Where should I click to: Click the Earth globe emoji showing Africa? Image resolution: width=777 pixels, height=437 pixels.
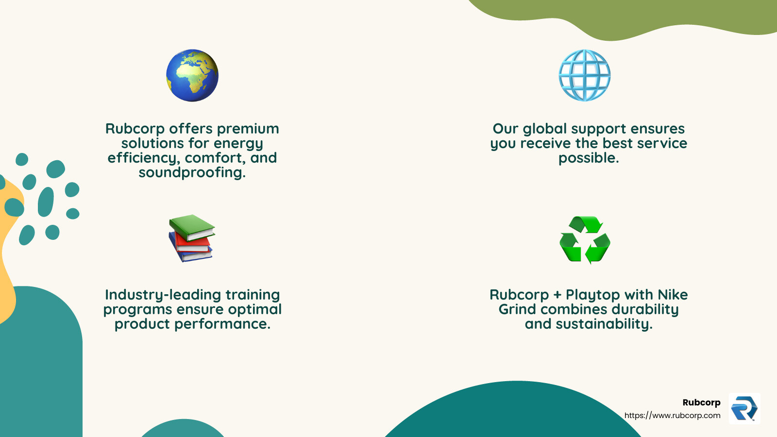click(x=192, y=75)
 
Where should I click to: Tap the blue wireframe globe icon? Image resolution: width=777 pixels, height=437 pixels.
click(x=585, y=75)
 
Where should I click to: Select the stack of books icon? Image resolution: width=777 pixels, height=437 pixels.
click(x=191, y=238)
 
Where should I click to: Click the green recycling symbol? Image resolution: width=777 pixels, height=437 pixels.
click(x=585, y=240)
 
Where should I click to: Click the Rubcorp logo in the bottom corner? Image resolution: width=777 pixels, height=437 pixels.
click(x=744, y=408)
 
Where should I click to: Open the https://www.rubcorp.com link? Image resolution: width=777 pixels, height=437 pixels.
click(x=672, y=416)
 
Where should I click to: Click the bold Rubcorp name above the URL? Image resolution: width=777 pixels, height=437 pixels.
click(x=701, y=403)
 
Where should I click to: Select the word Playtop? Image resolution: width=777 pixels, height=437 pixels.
click(x=592, y=295)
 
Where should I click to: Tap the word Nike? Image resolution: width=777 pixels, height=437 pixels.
click(x=673, y=295)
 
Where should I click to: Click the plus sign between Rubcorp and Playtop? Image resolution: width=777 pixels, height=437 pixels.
click(x=557, y=295)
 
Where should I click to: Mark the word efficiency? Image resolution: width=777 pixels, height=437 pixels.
click(x=144, y=158)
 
